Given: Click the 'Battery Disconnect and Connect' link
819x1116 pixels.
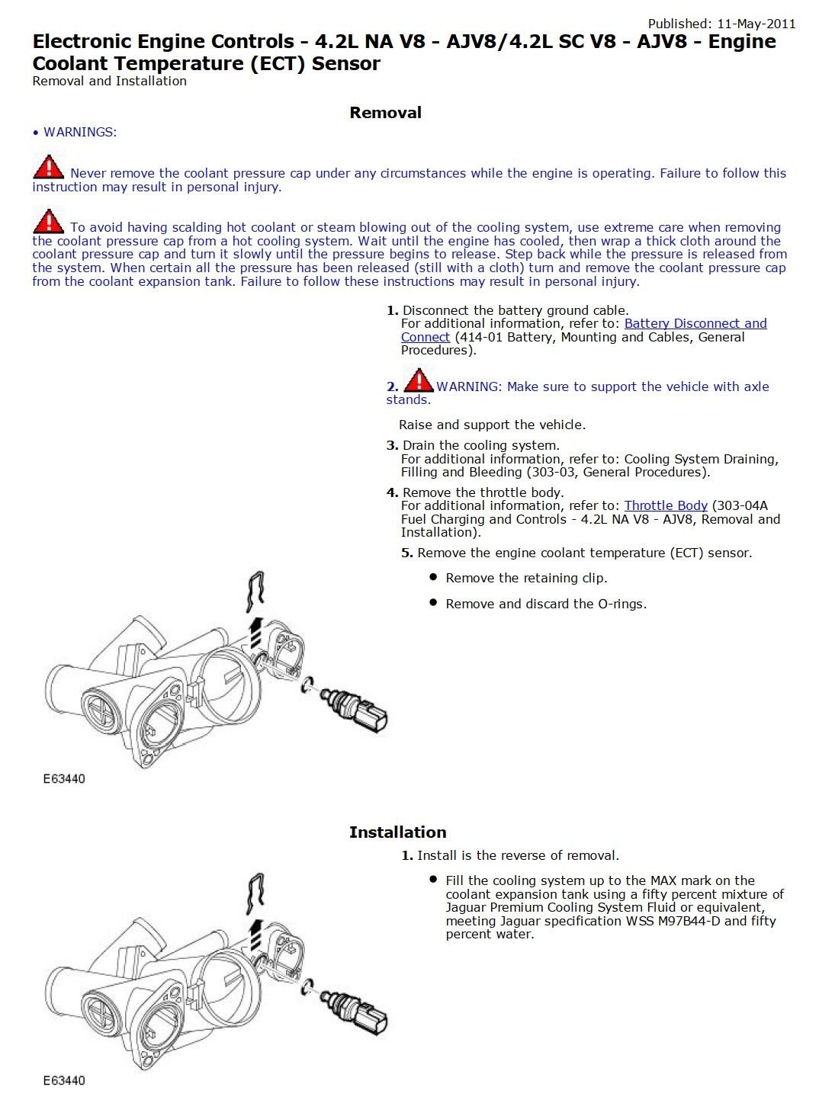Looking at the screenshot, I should pos(695,324).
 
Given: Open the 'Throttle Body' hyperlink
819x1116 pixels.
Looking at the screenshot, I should pos(665,505).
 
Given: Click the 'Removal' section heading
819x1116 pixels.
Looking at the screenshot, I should pos(385,113).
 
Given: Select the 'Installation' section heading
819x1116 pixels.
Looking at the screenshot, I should pos(397,832).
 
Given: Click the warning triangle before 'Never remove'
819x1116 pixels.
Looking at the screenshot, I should pos(48,168).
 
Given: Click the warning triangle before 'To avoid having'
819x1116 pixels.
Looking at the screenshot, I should pos(48,222).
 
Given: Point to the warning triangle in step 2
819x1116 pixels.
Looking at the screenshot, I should pos(418,380).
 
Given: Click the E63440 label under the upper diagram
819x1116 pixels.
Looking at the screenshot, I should pos(64,779).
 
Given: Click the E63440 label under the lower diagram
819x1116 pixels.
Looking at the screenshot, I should pos(64,1081).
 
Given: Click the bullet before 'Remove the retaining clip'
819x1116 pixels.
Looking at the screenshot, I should pos(433,578).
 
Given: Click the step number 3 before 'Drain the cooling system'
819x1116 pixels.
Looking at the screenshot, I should pos(392,445).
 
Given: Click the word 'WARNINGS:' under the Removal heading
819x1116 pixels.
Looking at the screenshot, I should pos(80,133).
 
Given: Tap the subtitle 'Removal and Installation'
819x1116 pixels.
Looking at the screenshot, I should pos(109,81).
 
